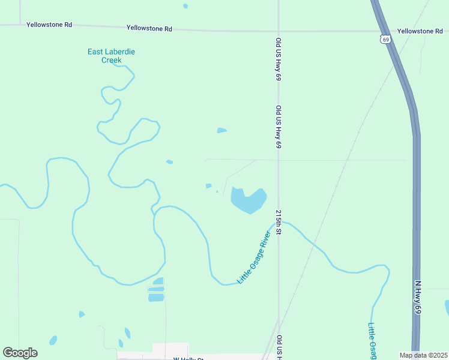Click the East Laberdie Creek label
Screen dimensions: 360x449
(111, 56)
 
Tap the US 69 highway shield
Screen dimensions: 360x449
(385, 39)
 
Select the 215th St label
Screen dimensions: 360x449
(279, 223)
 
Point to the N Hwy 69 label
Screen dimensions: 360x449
(418, 295)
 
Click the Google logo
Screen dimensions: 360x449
(20, 353)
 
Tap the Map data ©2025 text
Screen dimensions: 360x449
(423, 355)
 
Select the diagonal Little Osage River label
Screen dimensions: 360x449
(259, 255)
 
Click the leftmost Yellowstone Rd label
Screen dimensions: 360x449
(49, 25)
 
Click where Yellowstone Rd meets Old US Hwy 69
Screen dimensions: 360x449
(279, 30)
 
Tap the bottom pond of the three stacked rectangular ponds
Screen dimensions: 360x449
(156, 298)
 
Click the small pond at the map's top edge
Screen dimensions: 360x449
(185, 6)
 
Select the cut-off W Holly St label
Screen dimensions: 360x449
(188, 358)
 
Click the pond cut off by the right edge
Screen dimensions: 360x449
(447, 307)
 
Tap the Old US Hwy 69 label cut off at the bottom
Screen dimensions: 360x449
(279, 347)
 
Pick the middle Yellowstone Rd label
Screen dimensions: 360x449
(149, 28)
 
